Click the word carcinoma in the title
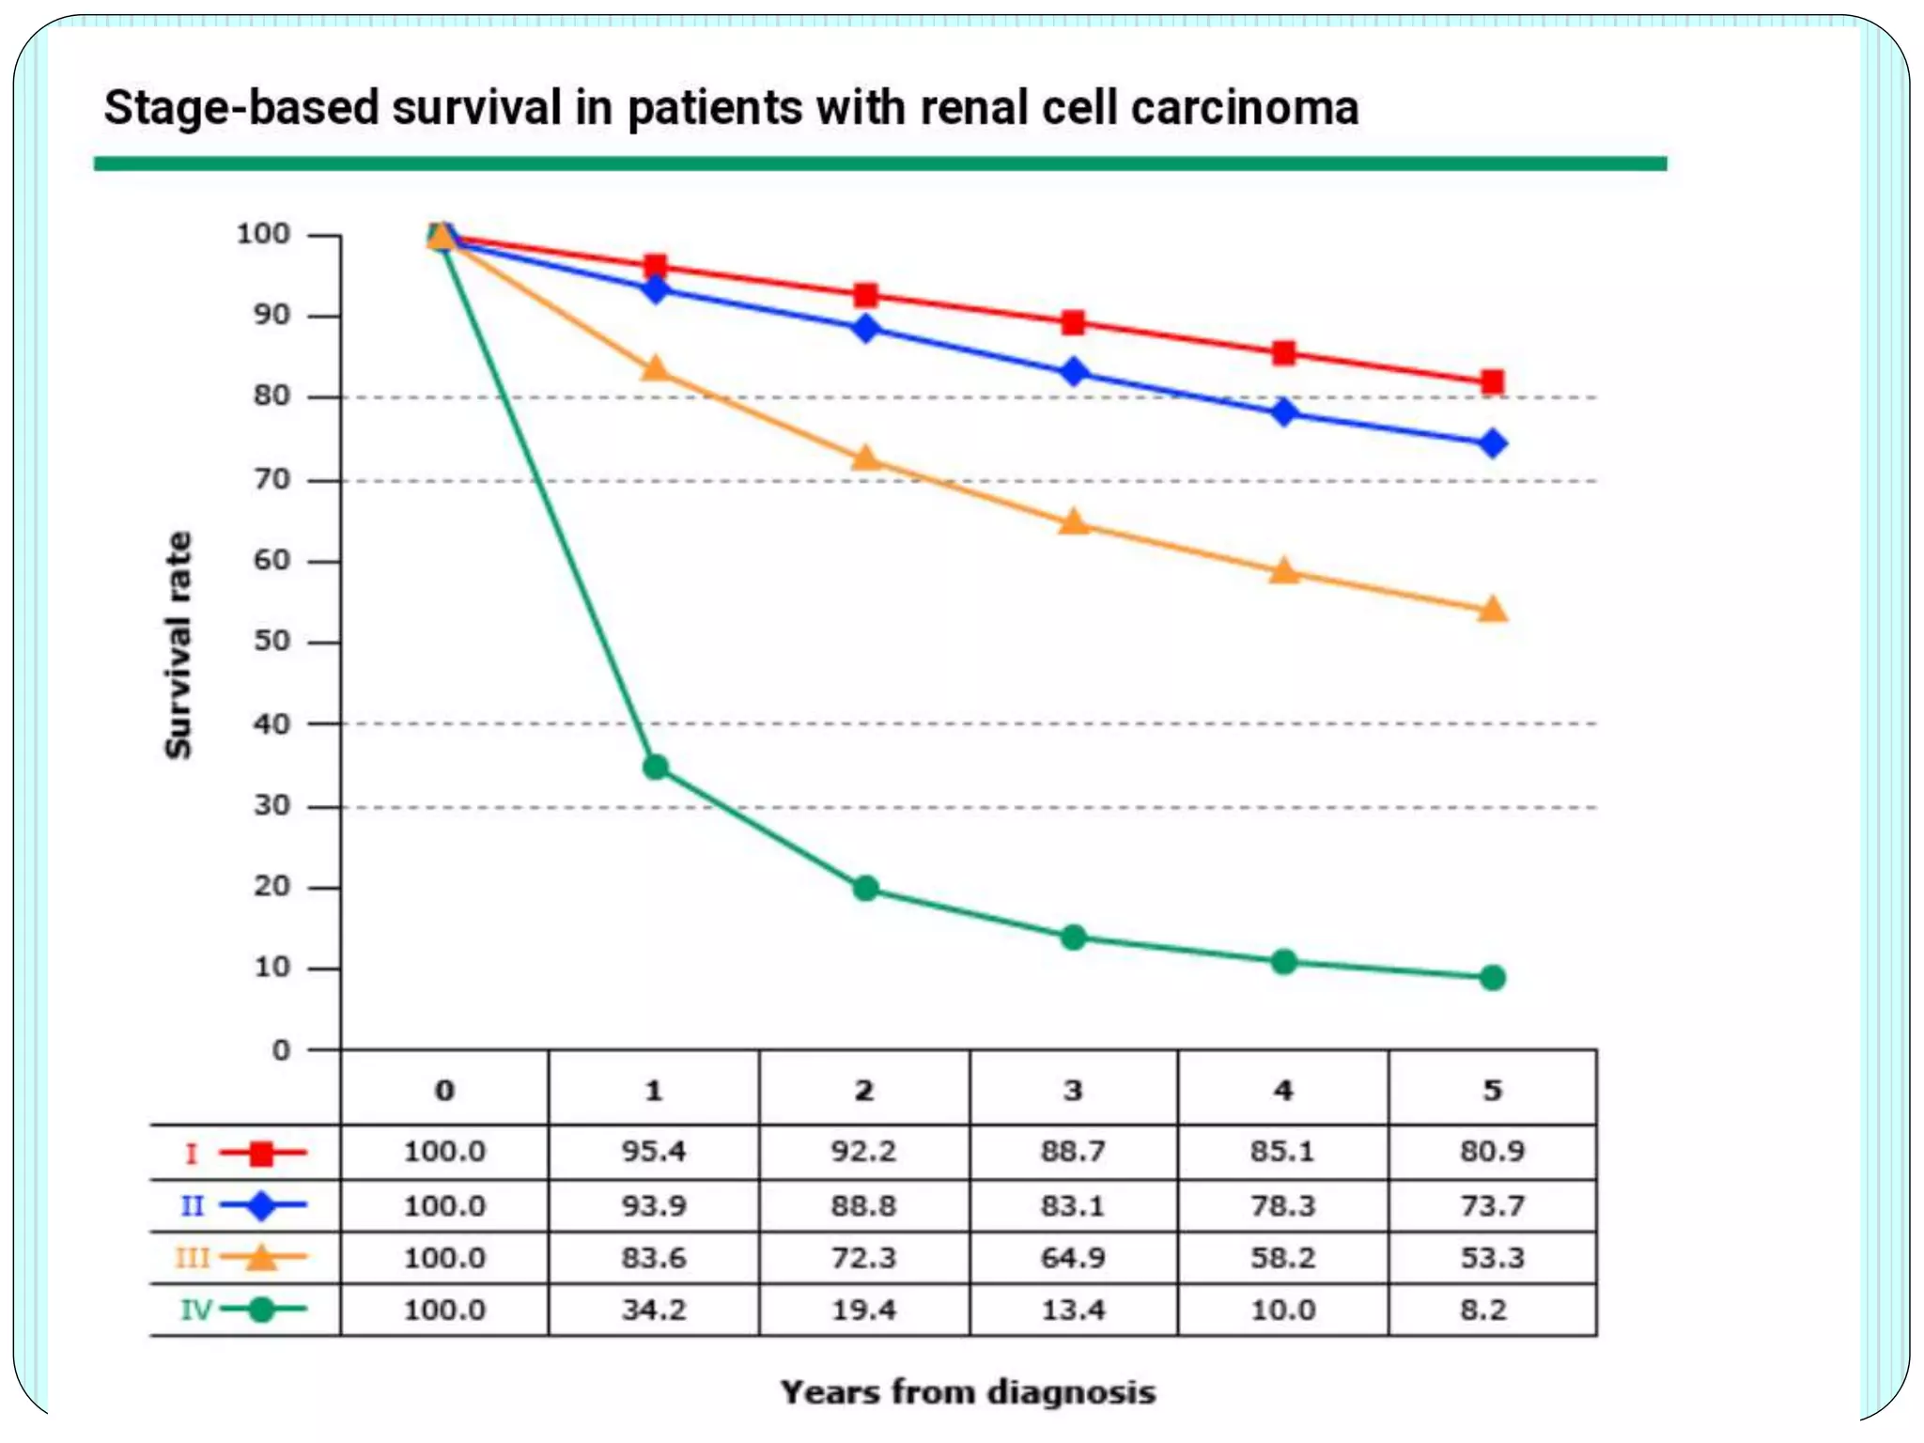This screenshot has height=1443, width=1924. tap(1245, 108)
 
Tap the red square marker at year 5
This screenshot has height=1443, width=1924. tap(1492, 382)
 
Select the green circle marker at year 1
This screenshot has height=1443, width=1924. tap(656, 768)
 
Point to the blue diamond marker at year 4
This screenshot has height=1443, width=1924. tap(1283, 412)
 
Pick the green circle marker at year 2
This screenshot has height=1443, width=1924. tap(865, 889)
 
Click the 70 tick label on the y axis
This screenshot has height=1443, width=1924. tap(272, 479)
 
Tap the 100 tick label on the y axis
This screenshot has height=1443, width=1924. tap(263, 234)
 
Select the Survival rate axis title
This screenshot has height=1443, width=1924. tap(178, 644)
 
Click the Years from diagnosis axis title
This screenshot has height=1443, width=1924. tap(968, 1391)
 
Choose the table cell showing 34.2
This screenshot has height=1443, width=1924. tap(654, 1310)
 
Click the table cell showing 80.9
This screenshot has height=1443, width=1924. tap(1492, 1151)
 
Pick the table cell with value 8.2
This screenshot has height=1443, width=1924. tap(1482, 1310)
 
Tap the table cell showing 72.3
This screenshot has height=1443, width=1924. tap(863, 1258)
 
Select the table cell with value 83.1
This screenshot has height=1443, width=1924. tap(1073, 1205)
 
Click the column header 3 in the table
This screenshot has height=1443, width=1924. tap(1073, 1090)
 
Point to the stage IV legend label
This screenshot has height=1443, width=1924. tap(195, 1310)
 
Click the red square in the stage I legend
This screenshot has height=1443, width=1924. tap(261, 1153)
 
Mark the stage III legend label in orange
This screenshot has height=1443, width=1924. tap(193, 1258)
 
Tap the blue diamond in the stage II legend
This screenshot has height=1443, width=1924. tap(261, 1205)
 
